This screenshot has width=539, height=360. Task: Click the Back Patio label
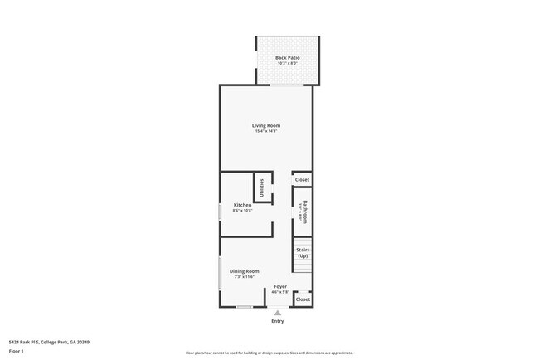click(287, 57)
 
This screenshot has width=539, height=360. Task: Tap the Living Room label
click(266, 125)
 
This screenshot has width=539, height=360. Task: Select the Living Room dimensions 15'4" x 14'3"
click(266, 131)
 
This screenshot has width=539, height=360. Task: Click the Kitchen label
click(242, 205)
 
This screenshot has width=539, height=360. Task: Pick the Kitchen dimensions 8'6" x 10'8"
click(242, 211)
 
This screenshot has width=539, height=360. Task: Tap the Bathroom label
click(305, 212)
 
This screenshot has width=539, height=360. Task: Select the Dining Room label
click(245, 271)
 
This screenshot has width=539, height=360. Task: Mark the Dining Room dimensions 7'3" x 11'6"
click(245, 277)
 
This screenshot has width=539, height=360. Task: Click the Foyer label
click(280, 286)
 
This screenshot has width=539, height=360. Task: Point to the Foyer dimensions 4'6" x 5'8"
click(280, 292)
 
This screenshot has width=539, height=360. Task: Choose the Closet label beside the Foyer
click(303, 299)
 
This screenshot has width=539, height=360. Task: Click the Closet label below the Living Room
click(302, 180)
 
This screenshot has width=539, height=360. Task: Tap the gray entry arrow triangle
click(277, 313)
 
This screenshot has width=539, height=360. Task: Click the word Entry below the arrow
click(277, 321)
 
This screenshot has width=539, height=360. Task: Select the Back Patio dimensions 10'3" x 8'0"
click(287, 63)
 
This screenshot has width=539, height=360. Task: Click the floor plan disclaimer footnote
click(269, 352)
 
